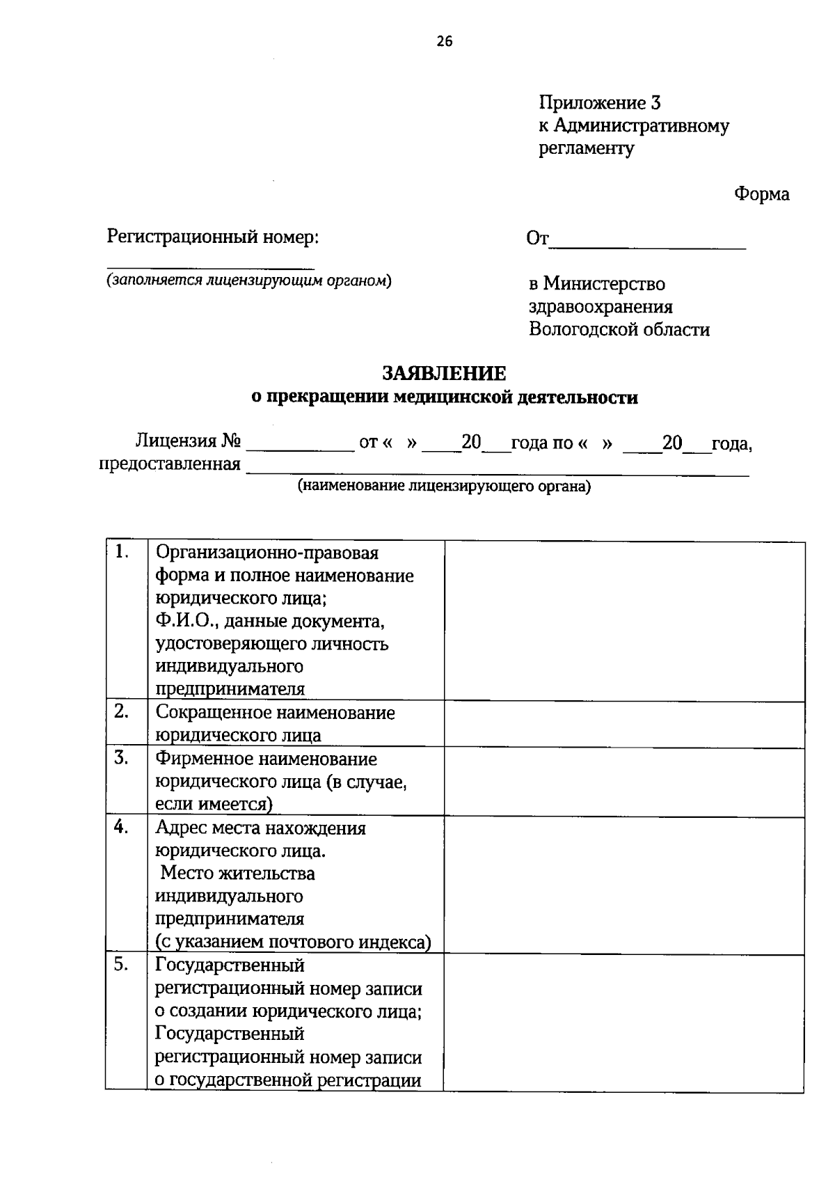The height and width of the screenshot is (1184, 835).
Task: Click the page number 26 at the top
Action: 444,42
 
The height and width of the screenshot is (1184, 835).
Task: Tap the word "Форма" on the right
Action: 761,194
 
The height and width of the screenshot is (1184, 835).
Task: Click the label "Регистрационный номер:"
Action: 213,237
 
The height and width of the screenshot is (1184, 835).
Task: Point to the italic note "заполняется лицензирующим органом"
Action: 248,281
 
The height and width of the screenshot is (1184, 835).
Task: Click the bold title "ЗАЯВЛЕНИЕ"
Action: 444,374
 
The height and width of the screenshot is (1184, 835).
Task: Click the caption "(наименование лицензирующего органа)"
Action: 444,487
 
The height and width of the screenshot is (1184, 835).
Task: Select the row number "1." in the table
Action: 122,553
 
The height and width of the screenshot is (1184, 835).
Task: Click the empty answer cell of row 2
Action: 623,723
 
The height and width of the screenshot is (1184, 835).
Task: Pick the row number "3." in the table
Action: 122,758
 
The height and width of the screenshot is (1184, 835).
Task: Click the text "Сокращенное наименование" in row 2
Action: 275,713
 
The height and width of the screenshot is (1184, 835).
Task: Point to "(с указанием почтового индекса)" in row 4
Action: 293,942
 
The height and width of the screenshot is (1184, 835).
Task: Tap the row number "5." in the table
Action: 122,965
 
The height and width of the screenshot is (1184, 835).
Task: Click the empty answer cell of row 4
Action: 623,884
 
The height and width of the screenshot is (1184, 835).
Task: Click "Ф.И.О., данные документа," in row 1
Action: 270,620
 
